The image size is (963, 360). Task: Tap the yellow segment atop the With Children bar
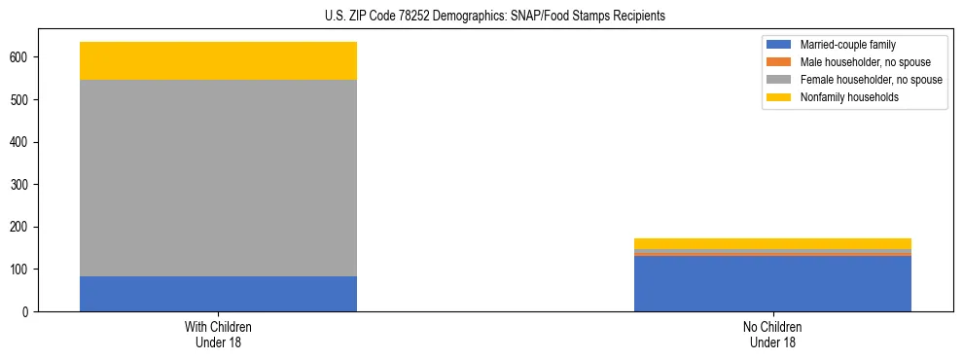pos(218,60)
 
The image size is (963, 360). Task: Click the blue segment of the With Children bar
pos(218,294)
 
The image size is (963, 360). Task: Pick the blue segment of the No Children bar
pos(772,284)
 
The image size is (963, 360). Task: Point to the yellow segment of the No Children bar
pos(772,243)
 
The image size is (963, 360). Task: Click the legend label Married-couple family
pos(847,45)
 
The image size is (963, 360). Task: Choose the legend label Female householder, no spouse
pos(871,80)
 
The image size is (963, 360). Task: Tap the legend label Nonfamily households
pos(850,97)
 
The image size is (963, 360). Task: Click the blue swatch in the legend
pos(780,45)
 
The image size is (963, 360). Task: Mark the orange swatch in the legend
pos(780,62)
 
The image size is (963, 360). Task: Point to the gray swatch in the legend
pos(780,80)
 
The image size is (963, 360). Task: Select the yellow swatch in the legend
pos(780,97)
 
